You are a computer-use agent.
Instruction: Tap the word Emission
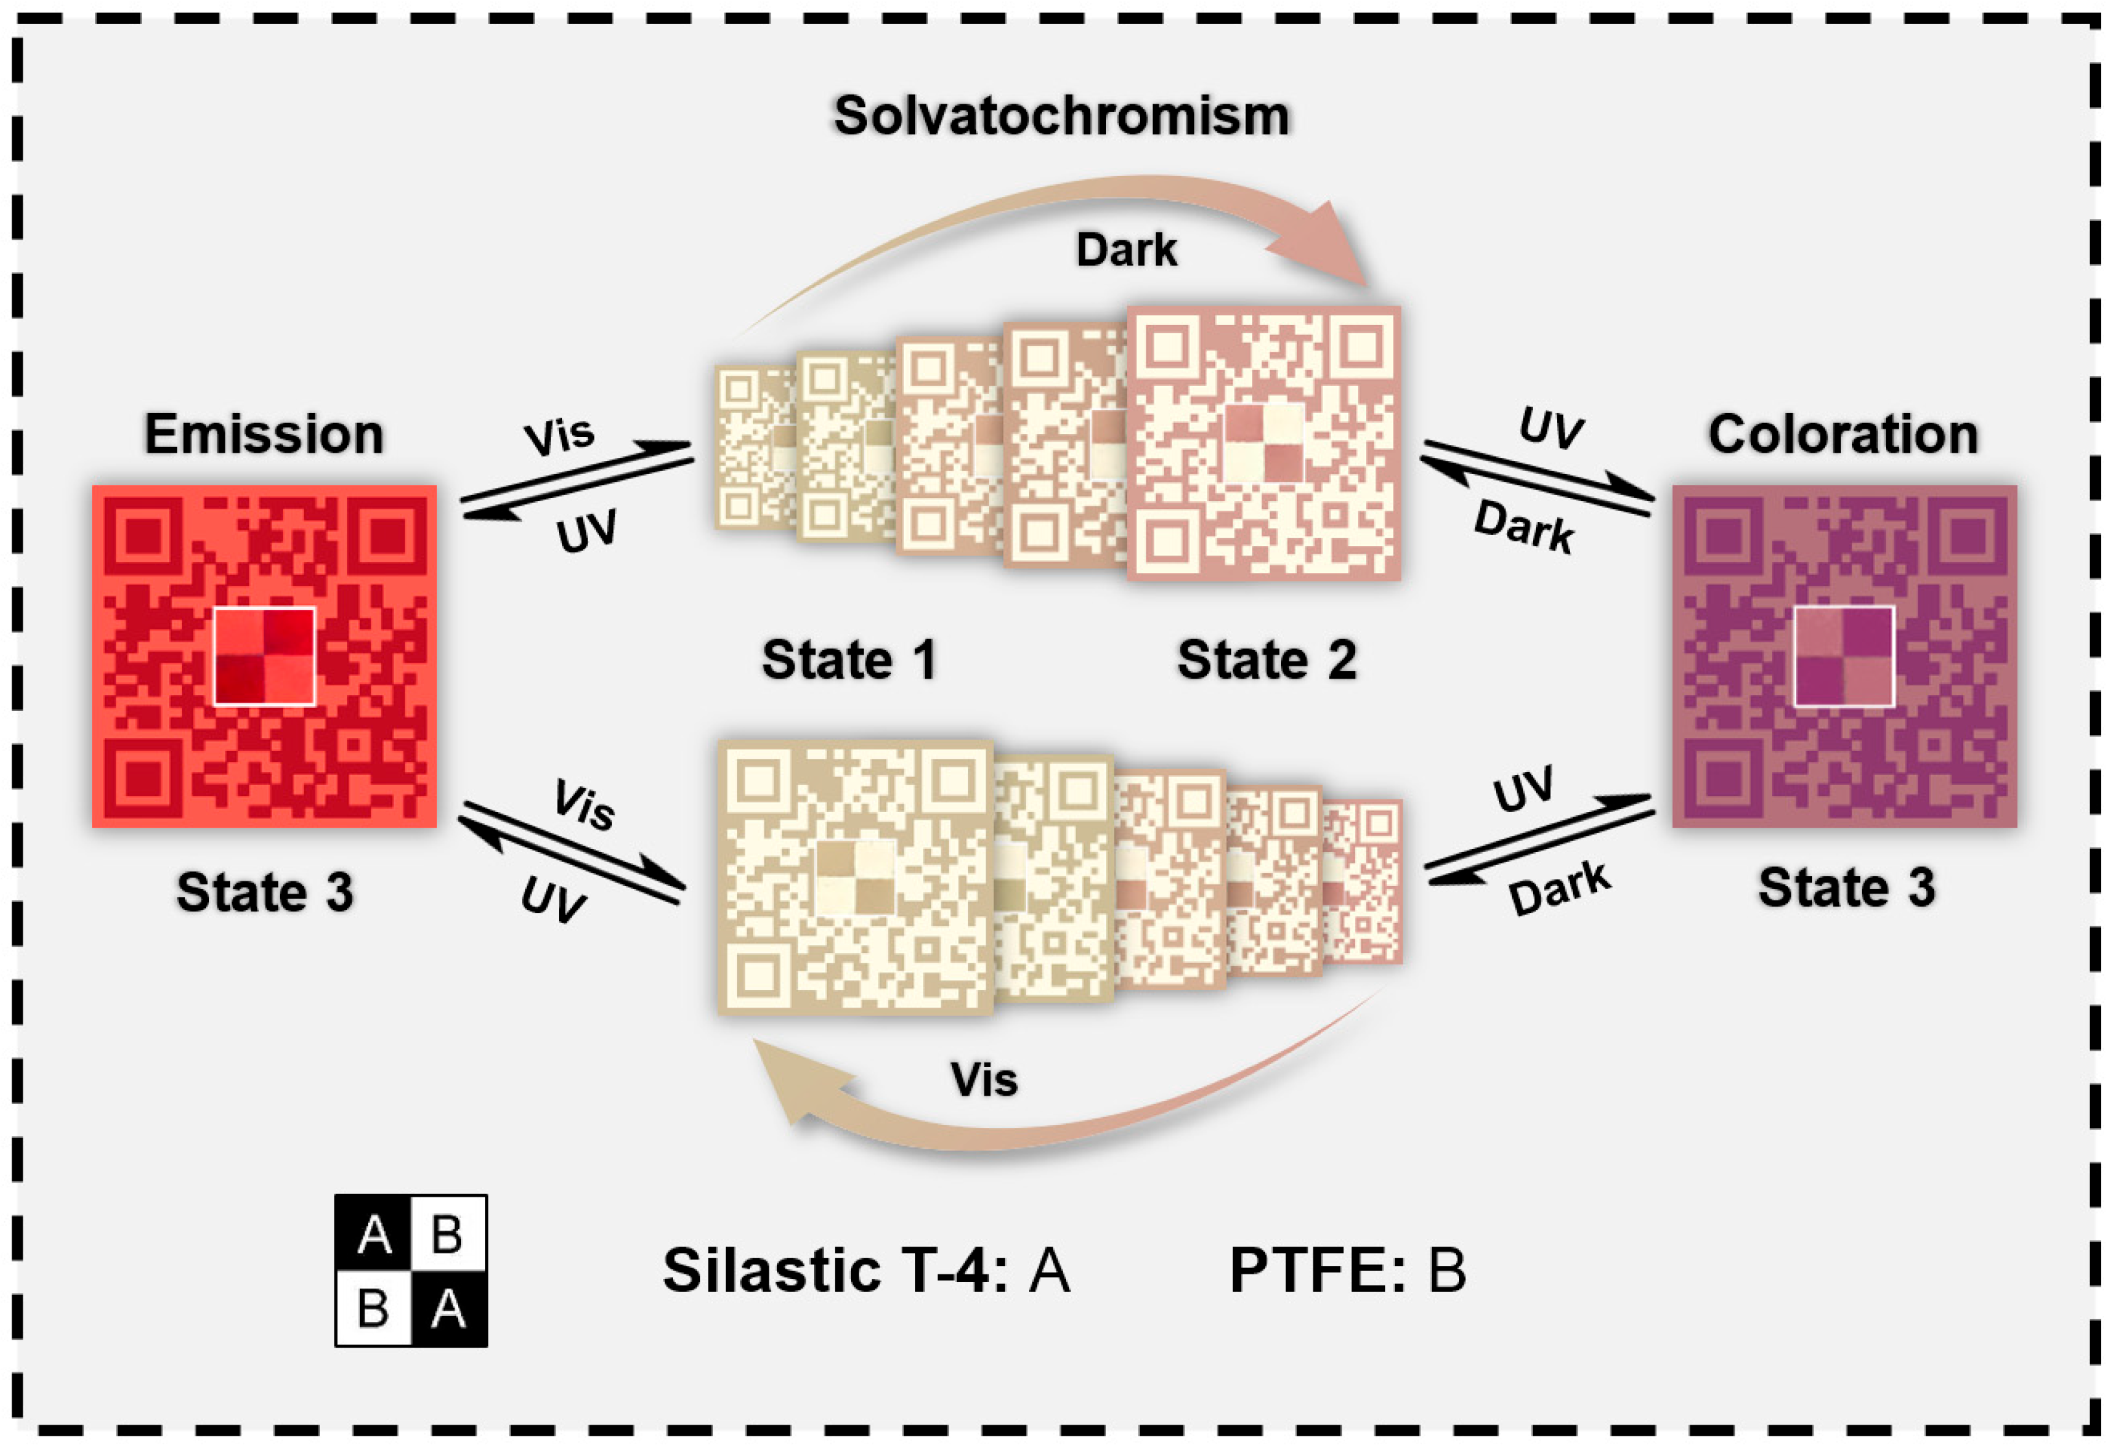pos(264,434)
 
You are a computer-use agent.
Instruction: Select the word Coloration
pos(1842,434)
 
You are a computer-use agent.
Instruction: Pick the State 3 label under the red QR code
pos(264,892)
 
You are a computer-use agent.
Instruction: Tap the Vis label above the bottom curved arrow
pos(984,1079)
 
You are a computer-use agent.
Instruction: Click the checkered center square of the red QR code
pos(264,656)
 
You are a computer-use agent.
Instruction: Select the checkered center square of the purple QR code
pos(1843,656)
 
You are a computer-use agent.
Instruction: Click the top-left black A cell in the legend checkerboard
pos(374,1234)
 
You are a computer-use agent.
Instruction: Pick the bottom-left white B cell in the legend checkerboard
pos(374,1308)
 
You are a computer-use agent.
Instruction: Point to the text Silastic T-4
pos(835,1270)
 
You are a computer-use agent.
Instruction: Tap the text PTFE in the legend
pos(1316,1270)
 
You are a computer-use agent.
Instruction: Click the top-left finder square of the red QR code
pos(142,537)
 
